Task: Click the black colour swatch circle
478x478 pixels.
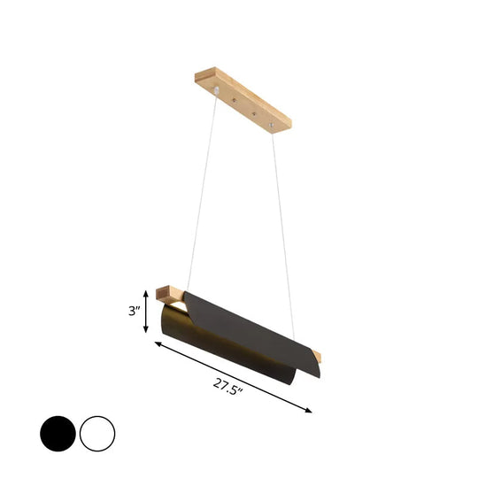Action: tap(58, 433)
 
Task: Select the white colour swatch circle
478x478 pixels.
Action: tap(97, 433)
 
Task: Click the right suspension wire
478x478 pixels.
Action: tap(282, 221)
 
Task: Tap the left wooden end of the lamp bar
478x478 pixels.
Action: tap(165, 291)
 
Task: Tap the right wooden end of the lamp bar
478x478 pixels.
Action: tap(315, 357)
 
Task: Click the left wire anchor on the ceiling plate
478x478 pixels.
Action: tap(218, 92)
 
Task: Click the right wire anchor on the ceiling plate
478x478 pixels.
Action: tap(271, 127)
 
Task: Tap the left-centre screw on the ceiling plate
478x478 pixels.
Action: tap(235, 101)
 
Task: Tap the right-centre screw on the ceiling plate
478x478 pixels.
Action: tap(254, 112)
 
